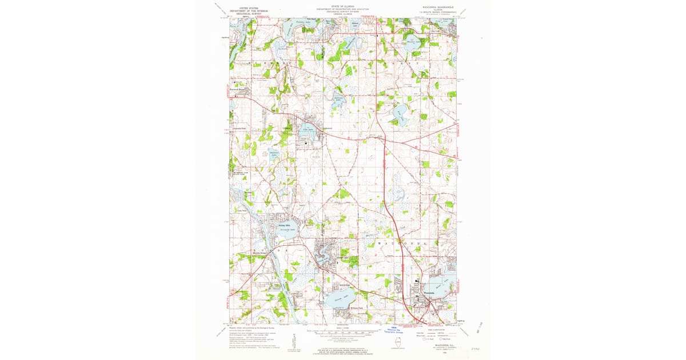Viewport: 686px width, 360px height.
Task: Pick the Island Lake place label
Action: [342, 258]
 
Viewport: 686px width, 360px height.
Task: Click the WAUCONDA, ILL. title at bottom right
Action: [439, 345]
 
